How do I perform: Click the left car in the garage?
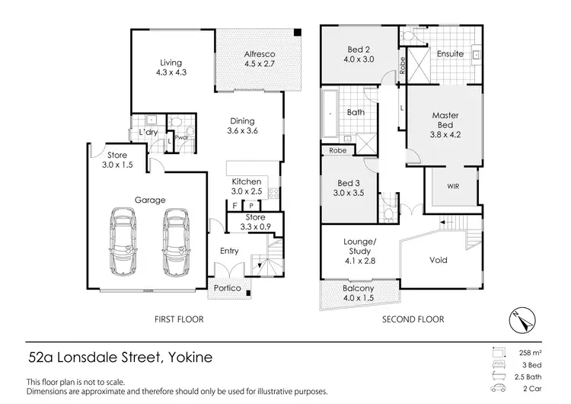pos(123,242)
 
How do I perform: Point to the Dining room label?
pos(243,125)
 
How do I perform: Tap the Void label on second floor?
pos(438,260)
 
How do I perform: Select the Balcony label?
pos(358,293)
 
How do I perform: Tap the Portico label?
pos(228,288)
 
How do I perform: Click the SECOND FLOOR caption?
pos(413,319)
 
